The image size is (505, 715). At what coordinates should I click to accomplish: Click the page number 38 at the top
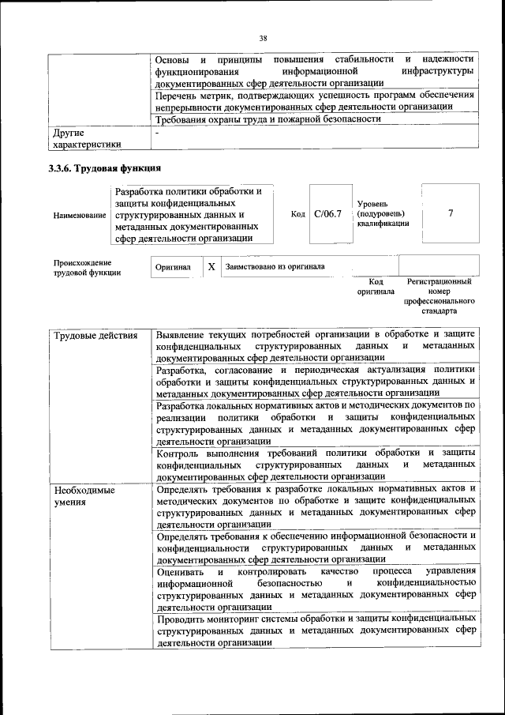pyautogui.click(x=263, y=37)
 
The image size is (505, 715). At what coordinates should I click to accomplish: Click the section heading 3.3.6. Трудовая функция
pyautogui.click(x=105, y=168)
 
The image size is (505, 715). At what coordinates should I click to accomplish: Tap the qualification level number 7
pyautogui.click(x=450, y=213)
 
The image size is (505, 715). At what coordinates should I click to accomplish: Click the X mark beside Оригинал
pyautogui.click(x=211, y=267)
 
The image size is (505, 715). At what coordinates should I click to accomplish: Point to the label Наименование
pyautogui.click(x=80, y=215)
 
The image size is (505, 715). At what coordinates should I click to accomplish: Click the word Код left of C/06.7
pyautogui.click(x=298, y=214)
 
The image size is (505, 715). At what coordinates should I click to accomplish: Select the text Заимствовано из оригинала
pyautogui.click(x=275, y=267)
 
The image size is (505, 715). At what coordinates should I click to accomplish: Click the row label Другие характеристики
pyautogui.click(x=86, y=139)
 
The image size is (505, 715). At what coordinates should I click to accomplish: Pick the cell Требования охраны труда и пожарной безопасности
pyautogui.click(x=269, y=119)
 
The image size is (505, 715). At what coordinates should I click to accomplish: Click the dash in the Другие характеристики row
pyautogui.click(x=158, y=133)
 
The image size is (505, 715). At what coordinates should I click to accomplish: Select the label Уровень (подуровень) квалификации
pyautogui.click(x=383, y=213)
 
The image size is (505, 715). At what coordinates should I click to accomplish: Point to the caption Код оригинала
pyautogui.click(x=376, y=287)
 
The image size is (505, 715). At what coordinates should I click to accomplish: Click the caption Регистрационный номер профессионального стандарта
pyautogui.click(x=440, y=295)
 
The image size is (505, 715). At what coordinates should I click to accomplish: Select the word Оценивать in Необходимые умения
pyautogui.click(x=181, y=570)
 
